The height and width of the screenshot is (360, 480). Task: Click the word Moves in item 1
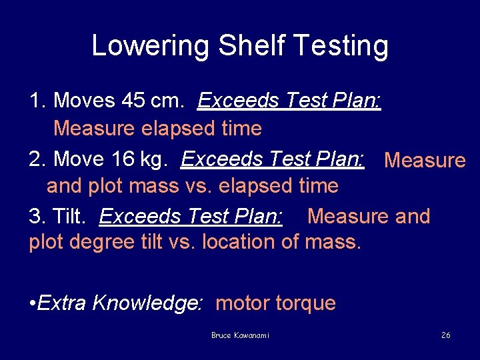coord(84,101)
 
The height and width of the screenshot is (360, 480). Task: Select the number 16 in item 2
coord(124,159)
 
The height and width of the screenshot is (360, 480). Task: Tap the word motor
coord(241,303)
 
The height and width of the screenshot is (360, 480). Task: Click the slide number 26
coord(446,335)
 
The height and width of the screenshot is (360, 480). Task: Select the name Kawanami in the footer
coord(252,335)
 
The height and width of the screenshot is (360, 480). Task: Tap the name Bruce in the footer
coord(221,335)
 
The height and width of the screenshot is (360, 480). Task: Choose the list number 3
coord(35,217)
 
